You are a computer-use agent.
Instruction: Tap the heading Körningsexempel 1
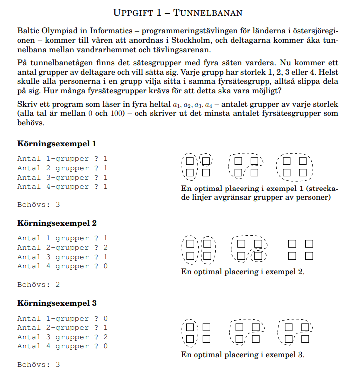tap(57, 144)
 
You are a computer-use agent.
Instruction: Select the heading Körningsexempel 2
tap(57, 223)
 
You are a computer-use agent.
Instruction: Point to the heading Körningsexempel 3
tap(57, 303)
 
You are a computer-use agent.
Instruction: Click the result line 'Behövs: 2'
tap(39, 284)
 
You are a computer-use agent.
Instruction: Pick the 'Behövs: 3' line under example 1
tap(39, 204)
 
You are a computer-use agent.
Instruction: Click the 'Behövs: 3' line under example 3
tap(39, 364)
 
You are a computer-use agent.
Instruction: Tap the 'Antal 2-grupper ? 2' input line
tap(62, 248)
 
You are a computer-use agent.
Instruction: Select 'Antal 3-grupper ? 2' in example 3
tap(62, 337)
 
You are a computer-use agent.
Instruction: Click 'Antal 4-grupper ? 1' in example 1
tap(62, 187)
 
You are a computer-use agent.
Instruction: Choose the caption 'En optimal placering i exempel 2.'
tap(243, 272)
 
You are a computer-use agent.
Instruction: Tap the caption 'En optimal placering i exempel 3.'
tap(243, 355)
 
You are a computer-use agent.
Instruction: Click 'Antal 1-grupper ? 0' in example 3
tap(62, 319)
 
